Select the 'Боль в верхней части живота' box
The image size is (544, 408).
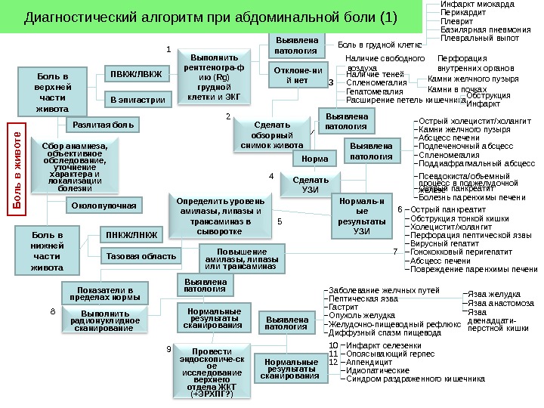51,93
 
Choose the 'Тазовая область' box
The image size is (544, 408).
141,256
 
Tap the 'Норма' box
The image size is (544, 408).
314,159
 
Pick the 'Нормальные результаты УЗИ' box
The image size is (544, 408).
361,217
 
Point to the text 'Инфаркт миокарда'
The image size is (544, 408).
478,5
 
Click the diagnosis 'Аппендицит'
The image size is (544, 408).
369,362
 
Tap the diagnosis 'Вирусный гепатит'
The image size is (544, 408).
445,244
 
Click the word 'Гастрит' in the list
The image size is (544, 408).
344,307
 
